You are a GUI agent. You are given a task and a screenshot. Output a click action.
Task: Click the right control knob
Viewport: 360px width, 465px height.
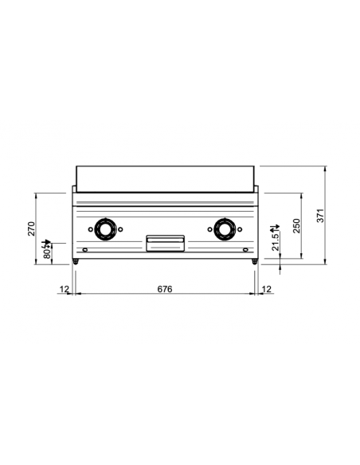point(225,229)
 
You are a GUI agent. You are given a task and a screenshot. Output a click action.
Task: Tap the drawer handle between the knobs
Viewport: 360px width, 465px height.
point(166,242)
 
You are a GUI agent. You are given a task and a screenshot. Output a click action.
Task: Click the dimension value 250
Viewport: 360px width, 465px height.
point(296,224)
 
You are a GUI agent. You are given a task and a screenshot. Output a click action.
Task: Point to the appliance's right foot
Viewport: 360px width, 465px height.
point(255,262)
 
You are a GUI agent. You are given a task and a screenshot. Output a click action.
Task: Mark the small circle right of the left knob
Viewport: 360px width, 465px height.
point(120,229)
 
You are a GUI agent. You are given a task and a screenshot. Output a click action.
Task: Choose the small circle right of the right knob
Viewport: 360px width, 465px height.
point(241,229)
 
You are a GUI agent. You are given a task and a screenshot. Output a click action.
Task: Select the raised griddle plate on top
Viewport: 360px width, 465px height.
point(165,178)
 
